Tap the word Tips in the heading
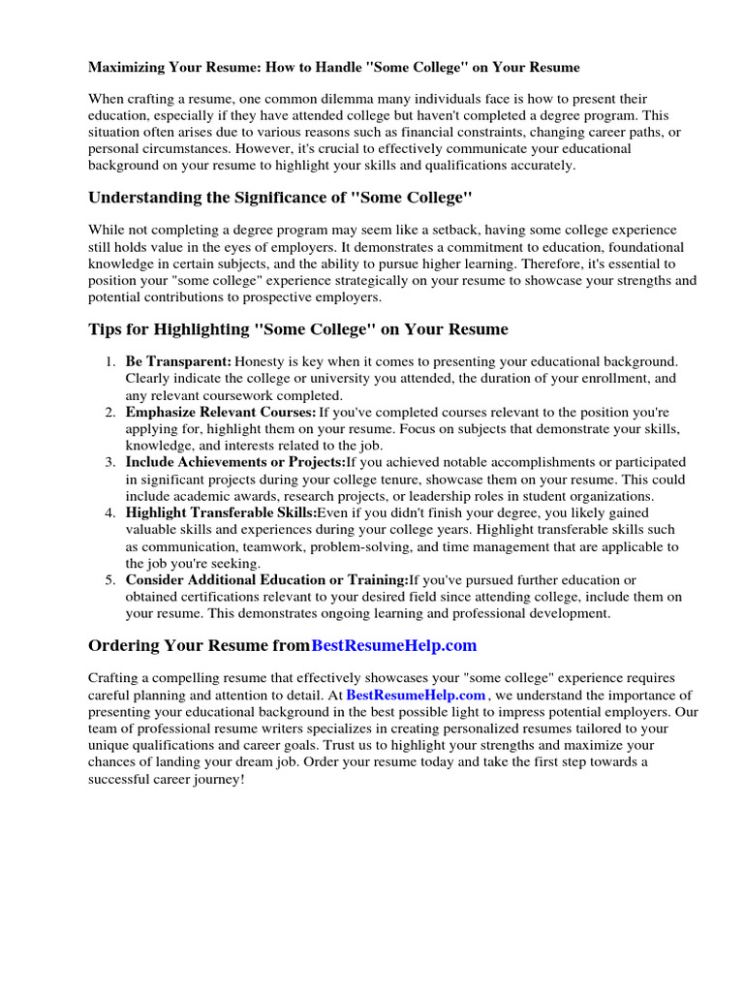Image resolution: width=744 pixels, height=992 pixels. [x=105, y=329]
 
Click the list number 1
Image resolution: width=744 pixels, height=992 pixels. [x=110, y=361]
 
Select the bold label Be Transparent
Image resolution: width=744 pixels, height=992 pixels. [x=178, y=361]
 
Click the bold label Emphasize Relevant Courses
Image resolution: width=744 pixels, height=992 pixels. [x=221, y=413]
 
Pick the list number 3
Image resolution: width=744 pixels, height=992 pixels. [x=110, y=462]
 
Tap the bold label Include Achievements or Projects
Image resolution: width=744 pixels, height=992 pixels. [x=235, y=462]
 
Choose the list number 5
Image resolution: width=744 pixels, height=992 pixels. [x=110, y=579]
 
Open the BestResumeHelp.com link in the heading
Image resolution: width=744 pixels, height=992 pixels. [x=394, y=646]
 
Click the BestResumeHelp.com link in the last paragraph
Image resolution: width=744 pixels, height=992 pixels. [x=416, y=696]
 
